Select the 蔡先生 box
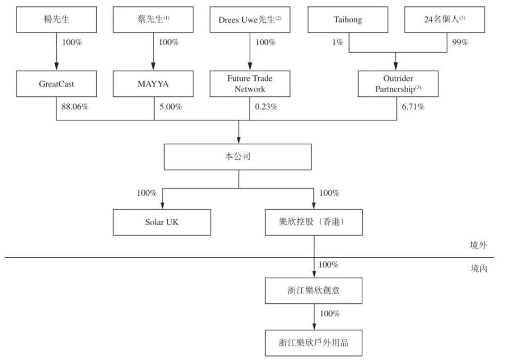(154, 20)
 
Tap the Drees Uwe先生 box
(250, 20)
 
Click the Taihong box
(348, 20)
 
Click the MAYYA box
(154, 84)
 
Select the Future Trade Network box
(250, 84)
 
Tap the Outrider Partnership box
(398, 84)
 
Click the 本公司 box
(239, 158)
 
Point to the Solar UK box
(162, 222)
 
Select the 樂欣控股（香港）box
(313, 222)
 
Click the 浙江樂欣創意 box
(313, 290)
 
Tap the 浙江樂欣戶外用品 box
(313, 343)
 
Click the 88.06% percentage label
(75, 107)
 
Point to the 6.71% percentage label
(413, 107)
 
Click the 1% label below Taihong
(338, 43)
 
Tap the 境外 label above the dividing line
(478, 245)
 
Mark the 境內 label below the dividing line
(478, 269)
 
